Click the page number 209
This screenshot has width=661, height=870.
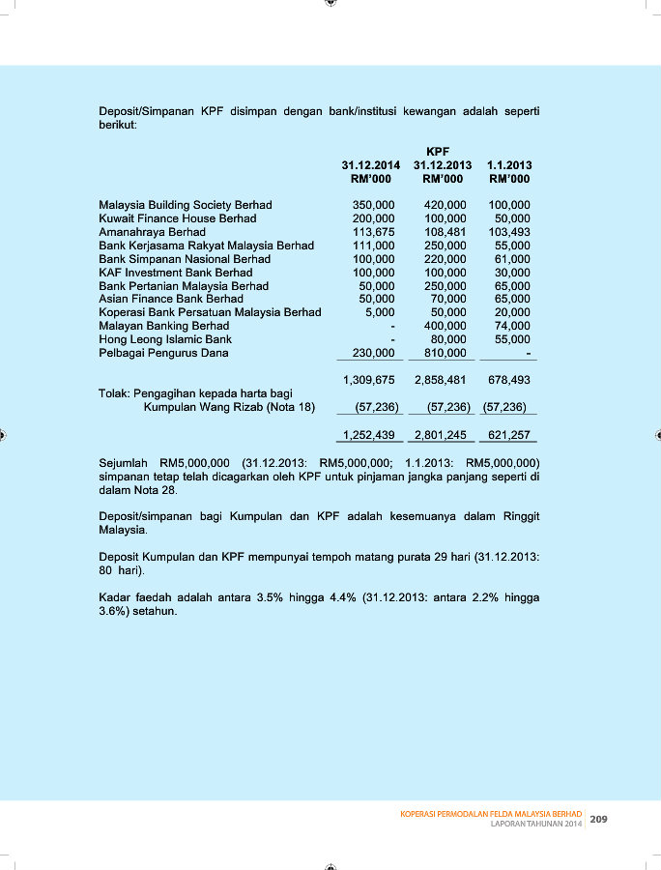598,820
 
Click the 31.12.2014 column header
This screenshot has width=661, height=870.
371,165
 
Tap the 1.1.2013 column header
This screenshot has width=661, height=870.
509,165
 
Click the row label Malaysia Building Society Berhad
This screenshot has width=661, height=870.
186,205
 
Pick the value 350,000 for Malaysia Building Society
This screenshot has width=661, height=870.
373,205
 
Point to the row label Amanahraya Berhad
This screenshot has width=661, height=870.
152,232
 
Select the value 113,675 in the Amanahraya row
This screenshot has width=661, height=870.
373,232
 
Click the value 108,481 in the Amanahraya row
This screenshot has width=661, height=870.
445,232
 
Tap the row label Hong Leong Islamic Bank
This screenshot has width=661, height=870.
165,339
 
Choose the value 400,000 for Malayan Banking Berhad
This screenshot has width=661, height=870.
445,326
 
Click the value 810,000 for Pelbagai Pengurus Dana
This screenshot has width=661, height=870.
445,353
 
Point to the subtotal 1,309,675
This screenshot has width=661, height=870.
369,380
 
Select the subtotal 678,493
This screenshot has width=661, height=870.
508,380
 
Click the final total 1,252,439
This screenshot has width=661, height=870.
369,435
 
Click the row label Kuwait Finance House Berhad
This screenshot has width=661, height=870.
178,218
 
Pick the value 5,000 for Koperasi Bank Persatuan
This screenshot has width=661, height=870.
380,312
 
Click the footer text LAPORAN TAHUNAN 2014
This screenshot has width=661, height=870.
536,825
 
